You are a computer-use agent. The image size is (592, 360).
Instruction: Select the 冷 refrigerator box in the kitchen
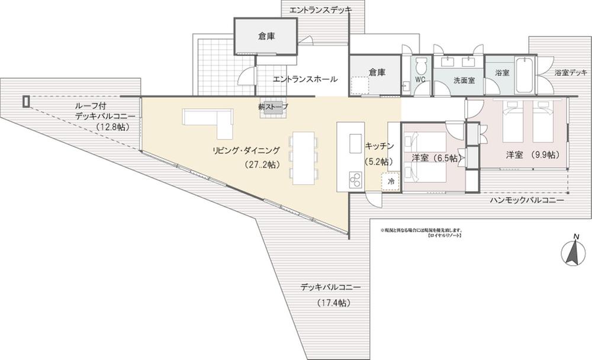pos(391,181)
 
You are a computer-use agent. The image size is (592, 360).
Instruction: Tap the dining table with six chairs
pos(303,157)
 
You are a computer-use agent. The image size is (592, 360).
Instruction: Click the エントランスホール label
pos(305,79)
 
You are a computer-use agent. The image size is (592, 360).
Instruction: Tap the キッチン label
pos(377,146)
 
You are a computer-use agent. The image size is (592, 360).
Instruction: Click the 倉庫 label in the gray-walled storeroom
pos(266,36)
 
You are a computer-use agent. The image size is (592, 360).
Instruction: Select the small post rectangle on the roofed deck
pos(25,101)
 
